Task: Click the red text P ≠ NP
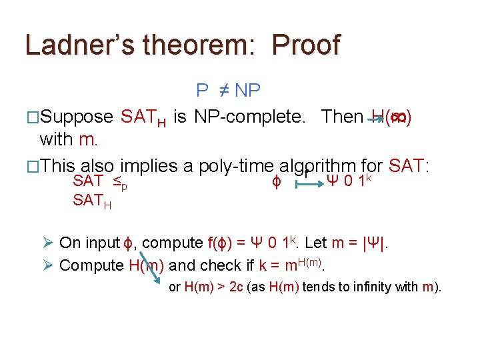[x=229, y=90]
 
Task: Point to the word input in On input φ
[x=101, y=243]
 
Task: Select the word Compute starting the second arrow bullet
[x=92, y=265]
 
